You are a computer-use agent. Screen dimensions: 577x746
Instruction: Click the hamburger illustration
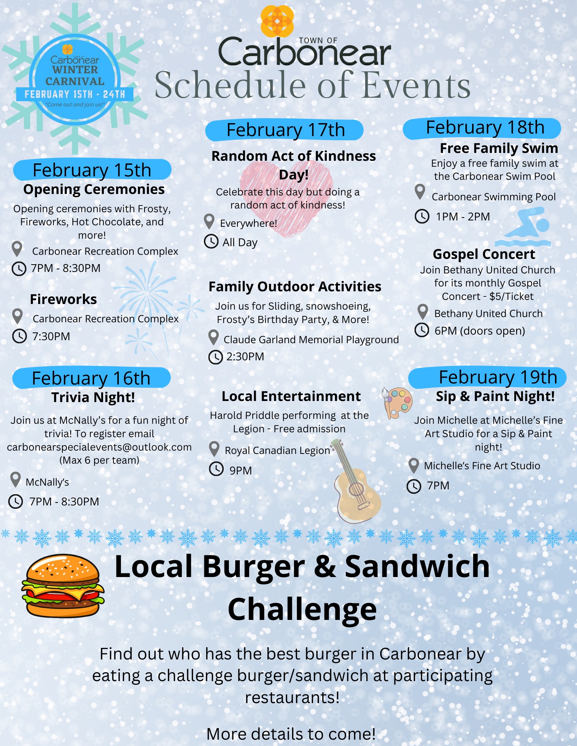click(x=63, y=585)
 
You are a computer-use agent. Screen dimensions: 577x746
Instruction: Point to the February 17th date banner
click(x=285, y=130)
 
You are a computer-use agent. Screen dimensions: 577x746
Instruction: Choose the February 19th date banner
click(x=487, y=377)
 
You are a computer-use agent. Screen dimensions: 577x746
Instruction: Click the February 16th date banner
click(x=91, y=378)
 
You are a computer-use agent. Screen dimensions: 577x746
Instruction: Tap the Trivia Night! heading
click(x=93, y=397)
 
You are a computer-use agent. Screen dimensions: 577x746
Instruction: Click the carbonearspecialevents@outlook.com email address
click(x=99, y=447)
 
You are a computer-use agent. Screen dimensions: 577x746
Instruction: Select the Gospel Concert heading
click(x=484, y=254)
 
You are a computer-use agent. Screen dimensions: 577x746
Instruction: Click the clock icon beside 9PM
click(x=216, y=469)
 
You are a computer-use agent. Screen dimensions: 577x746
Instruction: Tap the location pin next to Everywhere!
click(x=209, y=222)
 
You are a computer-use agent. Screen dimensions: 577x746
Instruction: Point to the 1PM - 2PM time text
click(x=463, y=217)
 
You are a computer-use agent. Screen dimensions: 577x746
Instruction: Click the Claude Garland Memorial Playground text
click(x=311, y=340)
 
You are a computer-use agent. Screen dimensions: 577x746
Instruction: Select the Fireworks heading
click(x=63, y=299)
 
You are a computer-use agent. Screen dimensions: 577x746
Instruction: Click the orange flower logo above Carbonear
click(x=277, y=22)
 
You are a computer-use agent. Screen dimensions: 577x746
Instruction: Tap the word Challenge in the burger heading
click(x=302, y=609)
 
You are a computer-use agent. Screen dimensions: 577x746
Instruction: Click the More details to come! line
click(x=291, y=734)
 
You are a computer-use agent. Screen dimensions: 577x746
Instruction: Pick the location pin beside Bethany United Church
click(x=423, y=312)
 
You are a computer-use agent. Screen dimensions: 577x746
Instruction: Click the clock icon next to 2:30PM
click(x=215, y=357)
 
